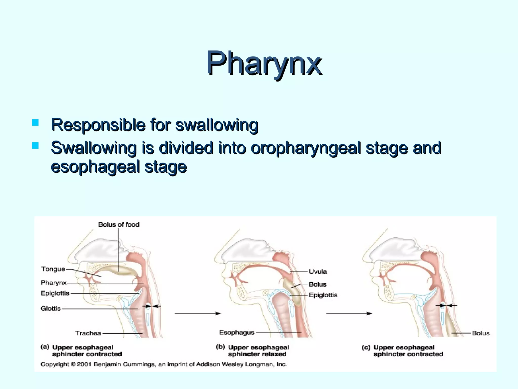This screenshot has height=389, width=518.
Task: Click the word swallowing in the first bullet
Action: [x=217, y=125]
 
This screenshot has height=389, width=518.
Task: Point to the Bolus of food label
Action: [x=119, y=225]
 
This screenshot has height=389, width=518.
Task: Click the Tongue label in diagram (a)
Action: [x=53, y=269]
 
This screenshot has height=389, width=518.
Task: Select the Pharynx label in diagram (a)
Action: [x=54, y=283]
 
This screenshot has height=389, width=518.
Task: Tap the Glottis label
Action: [x=51, y=308]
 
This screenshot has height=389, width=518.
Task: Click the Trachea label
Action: [x=88, y=333]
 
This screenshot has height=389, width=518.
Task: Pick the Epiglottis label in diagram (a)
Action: [x=55, y=293]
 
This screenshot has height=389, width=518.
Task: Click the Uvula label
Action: [x=318, y=272]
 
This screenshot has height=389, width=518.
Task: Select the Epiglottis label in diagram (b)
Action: [x=323, y=295]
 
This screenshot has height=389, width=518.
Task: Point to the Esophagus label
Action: [x=237, y=333]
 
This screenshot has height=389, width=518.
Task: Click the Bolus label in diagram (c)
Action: [x=481, y=333]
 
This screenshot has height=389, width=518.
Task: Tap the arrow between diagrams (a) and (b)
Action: [x=198, y=314]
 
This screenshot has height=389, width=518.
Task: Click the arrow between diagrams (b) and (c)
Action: [x=349, y=314]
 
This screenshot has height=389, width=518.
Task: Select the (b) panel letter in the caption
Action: [x=221, y=347]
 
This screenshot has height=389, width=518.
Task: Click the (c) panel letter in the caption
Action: [x=366, y=347]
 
